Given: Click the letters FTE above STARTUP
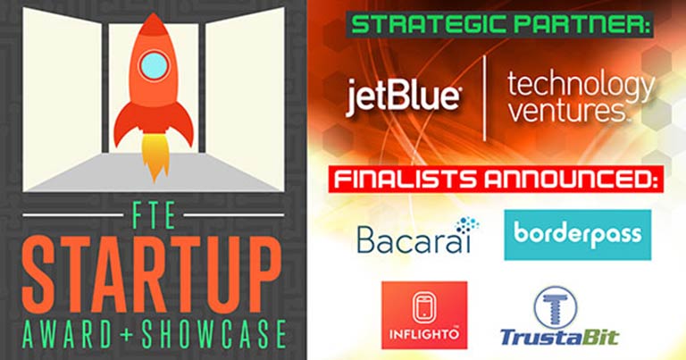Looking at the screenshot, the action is [x=154, y=214].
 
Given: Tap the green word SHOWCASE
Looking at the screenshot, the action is [x=213, y=335].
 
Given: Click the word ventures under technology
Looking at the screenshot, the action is [x=567, y=113].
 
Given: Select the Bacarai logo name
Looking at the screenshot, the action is [x=414, y=239].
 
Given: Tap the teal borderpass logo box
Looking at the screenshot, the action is [x=578, y=234].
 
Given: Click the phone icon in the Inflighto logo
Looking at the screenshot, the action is [x=424, y=308].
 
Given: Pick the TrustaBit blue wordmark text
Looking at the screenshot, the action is [x=559, y=338].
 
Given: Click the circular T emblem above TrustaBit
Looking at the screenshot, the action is [x=556, y=306].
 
